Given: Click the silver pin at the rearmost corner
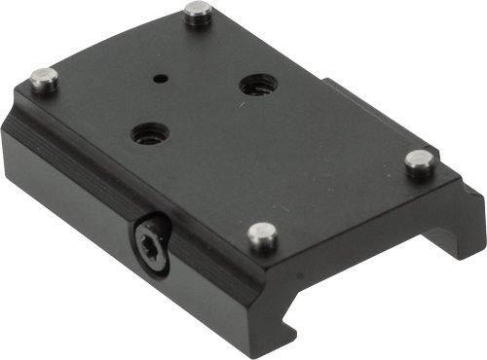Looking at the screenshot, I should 198,13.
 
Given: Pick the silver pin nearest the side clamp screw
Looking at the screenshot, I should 260,234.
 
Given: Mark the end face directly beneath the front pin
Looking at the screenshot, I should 292,282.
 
